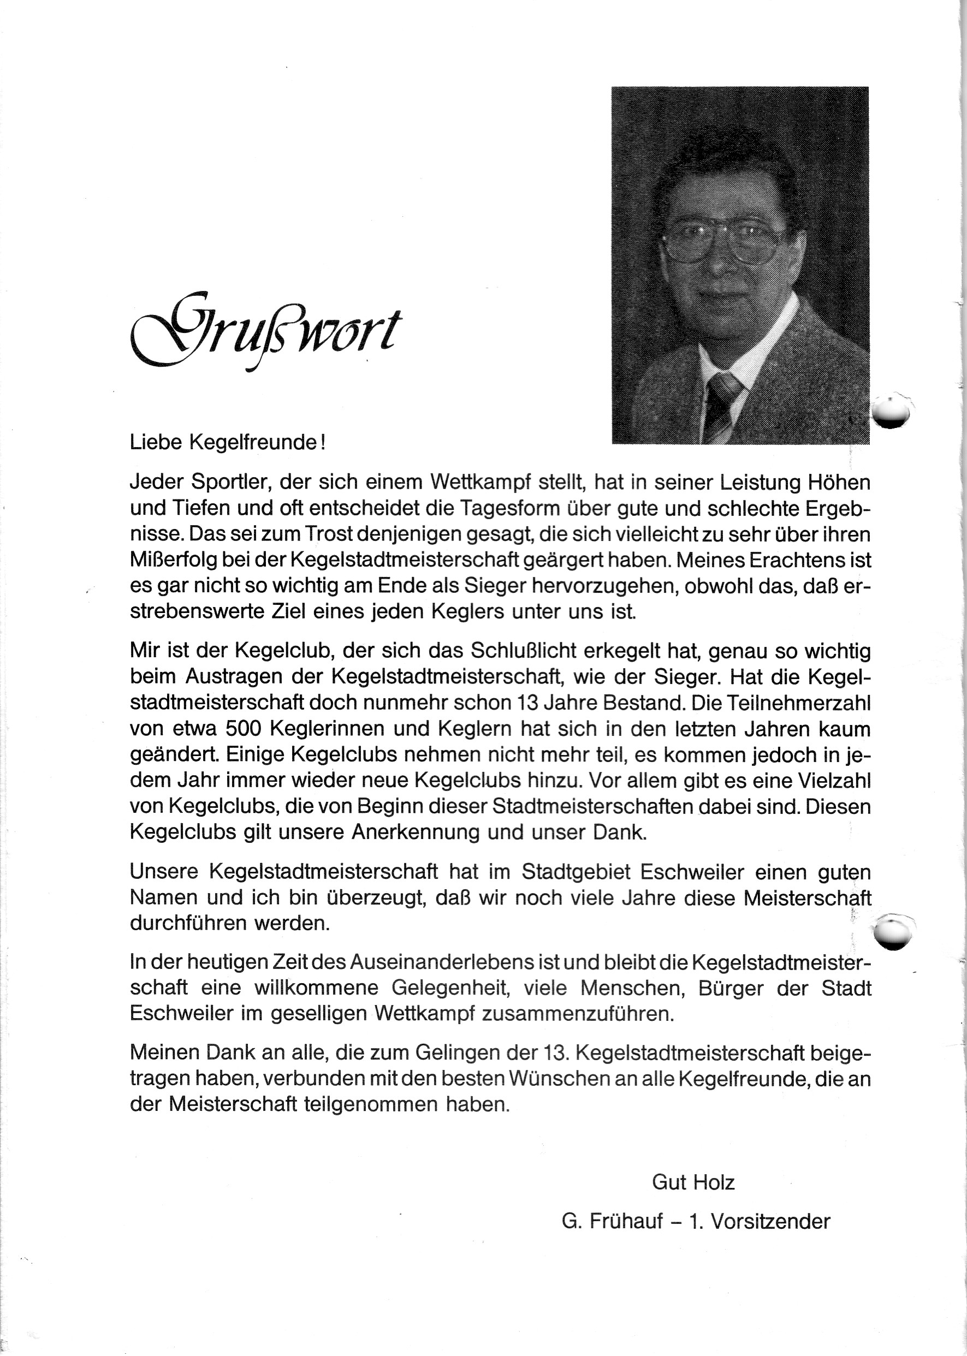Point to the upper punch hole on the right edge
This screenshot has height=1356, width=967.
[892, 411]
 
